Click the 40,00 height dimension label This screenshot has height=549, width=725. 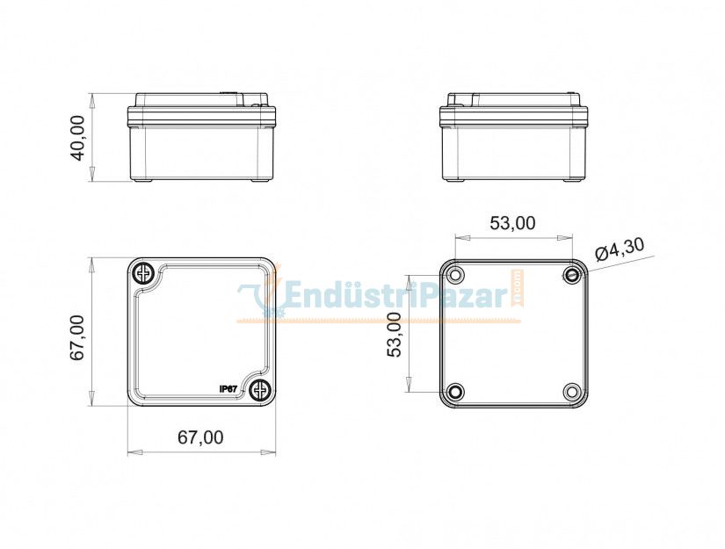click(77, 138)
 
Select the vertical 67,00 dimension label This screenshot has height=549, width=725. click(77, 337)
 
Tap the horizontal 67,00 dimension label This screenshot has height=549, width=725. click(200, 437)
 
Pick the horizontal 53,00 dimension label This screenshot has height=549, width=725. click(512, 223)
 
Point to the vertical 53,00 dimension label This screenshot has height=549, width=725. click(395, 334)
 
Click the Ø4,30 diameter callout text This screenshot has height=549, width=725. click(620, 249)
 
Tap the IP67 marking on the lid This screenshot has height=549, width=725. click(228, 389)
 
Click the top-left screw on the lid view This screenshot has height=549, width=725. click(144, 274)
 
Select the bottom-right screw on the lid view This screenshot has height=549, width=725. click(259, 391)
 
